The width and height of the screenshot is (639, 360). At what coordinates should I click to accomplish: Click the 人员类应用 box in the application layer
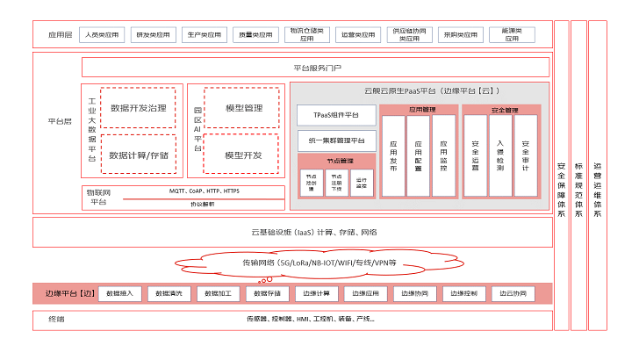click(x=102, y=36)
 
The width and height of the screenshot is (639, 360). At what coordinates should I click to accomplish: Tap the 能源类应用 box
click(x=511, y=35)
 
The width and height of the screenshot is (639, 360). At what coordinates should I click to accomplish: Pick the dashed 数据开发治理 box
click(x=139, y=109)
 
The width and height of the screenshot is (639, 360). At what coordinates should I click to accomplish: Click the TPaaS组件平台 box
click(x=337, y=115)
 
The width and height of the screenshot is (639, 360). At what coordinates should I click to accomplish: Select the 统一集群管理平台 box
click(x=337, y=140)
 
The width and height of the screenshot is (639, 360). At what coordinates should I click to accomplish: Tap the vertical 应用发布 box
click(x=393, y=155)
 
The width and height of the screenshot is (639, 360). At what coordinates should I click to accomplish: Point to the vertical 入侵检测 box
click(x=500, y=155)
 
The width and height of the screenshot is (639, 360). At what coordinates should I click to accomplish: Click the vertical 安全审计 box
click(x=525, y=155)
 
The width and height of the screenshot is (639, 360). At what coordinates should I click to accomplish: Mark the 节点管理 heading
click(x=337, y=161)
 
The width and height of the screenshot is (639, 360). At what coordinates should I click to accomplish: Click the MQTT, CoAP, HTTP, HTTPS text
click(x=204, y=191)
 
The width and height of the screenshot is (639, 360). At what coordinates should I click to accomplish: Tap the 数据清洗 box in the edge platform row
click(x=168, y=293)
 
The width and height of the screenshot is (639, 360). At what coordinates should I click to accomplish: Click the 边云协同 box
click(x=513, y=293)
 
